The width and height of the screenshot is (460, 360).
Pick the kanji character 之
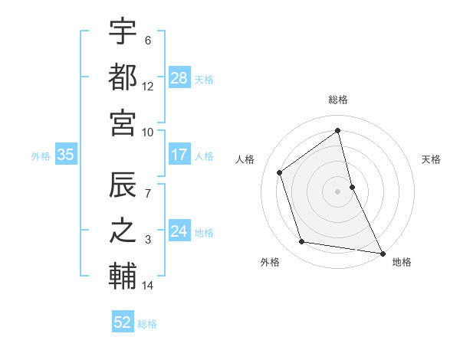pos(123,230)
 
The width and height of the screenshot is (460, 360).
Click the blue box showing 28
pos(179,77)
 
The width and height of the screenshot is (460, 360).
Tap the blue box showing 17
pos(179,155)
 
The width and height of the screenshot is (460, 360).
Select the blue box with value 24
pos(179,231)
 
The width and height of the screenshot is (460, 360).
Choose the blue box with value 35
pos(65,155)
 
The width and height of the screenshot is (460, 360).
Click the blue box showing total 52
pos(123,322)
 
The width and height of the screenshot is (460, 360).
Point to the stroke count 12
pos(148,87)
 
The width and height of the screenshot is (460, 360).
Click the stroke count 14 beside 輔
pos(148,286)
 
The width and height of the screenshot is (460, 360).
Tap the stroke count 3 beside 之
pos(148,241)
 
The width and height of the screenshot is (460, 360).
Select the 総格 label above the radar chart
pos(338,100)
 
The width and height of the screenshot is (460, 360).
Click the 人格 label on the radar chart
pos(245,159)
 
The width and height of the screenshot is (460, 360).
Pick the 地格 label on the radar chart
pos(402,262)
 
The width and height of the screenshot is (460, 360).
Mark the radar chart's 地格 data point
pos(382,252)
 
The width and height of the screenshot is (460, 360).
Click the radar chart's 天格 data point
pos(352,186)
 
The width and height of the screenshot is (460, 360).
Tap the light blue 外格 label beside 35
pos(41,155)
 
